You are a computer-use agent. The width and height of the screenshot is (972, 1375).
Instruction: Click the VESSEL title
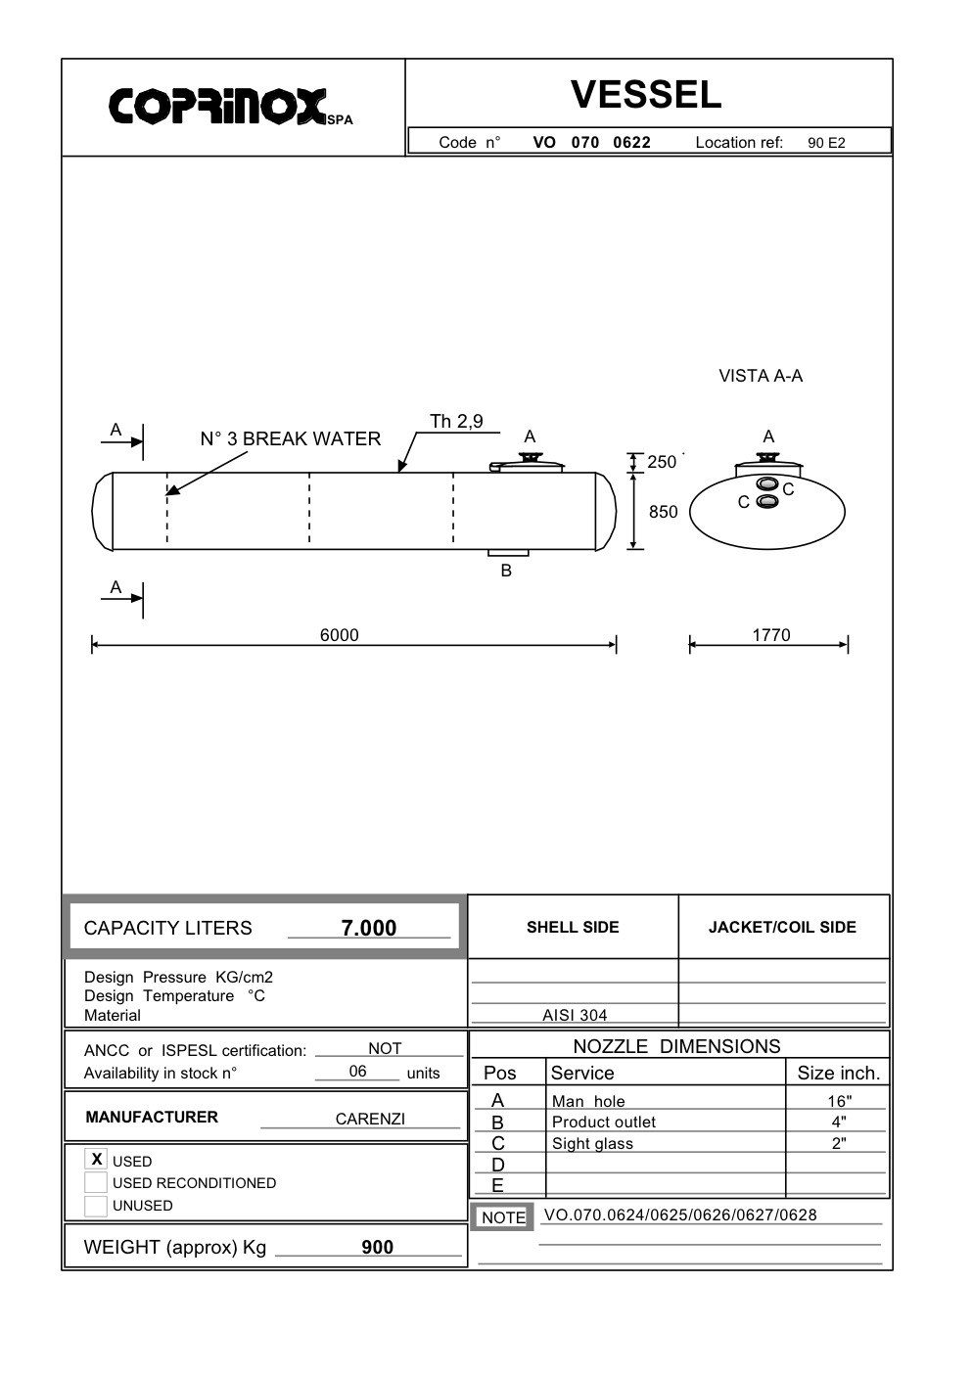pos(646,95)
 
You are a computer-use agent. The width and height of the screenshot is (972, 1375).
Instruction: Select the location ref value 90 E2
pos(826,143)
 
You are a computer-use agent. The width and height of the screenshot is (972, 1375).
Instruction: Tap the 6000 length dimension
pos(340,635)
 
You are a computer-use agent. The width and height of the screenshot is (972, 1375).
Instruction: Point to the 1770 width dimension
pos(770,635)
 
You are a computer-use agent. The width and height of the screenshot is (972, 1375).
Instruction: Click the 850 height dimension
pos(663,512)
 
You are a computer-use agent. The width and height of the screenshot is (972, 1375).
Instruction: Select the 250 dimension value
pos(662,462)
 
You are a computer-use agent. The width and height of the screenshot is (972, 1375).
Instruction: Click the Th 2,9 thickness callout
pos(456,422)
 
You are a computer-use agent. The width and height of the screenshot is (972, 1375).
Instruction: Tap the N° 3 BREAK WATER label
pos(291,438)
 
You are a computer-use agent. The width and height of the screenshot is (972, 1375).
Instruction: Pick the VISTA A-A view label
pos(761,376)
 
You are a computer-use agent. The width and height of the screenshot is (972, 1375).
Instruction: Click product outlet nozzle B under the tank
pos(507,555)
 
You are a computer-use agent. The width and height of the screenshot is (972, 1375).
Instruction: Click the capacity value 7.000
pos(369,928)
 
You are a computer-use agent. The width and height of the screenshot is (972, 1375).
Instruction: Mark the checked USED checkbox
pos(96,1160)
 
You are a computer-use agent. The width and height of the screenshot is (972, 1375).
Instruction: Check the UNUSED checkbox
pos(96,1206)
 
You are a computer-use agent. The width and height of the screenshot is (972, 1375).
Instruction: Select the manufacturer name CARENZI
pos(370,1119)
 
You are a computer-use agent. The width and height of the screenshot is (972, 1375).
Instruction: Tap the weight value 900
pos(377,1247)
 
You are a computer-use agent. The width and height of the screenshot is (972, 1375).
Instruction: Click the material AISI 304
pos(575,1015)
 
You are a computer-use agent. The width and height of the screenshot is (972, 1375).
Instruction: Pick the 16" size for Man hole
pos(839,1101)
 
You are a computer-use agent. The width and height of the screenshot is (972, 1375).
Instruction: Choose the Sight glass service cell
pos(592,1143)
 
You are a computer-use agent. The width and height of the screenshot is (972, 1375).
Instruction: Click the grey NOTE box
pos(503,1216)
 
